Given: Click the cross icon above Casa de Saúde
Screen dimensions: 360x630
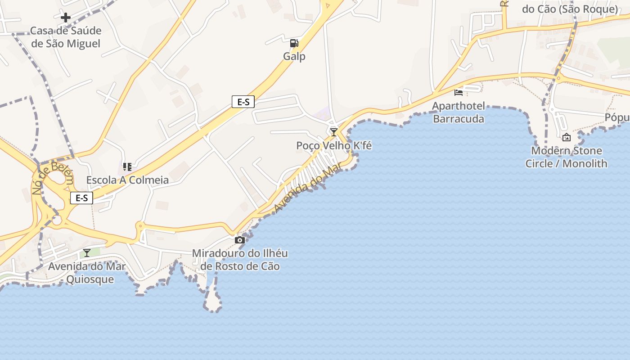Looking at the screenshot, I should click(66, 18).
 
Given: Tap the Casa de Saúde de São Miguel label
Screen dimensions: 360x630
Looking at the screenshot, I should click(66, 37).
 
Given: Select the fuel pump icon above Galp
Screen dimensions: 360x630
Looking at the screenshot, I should click(294, 43).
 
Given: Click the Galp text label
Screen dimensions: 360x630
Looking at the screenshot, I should click(294, 56).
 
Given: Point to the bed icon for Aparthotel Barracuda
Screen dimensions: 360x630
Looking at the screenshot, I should click(459, 93).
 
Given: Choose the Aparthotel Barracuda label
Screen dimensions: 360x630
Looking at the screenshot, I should click(459, 112).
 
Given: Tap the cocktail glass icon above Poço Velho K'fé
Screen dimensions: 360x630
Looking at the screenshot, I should click(333, 132).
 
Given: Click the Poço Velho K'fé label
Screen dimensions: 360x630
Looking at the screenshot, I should click(334, 145).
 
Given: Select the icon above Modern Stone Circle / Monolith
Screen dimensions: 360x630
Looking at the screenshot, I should click(567, 137).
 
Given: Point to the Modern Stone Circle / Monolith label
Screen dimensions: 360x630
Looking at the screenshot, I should click(566, 157).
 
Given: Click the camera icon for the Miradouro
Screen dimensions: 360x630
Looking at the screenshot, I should click(240, 240).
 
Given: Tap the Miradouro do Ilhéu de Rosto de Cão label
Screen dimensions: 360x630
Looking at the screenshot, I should click(240, 260).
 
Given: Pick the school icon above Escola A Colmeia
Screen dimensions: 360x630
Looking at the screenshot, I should click(127, 167).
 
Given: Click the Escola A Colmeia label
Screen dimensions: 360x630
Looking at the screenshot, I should click(127, 180).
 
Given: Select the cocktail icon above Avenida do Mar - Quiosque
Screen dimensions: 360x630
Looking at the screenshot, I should click(87, 253).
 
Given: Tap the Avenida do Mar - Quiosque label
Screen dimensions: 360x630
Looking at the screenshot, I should click(87, 273).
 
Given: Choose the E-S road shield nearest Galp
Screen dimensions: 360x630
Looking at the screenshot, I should click(243, 102).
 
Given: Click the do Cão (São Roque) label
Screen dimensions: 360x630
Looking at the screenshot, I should click(570, 9).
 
